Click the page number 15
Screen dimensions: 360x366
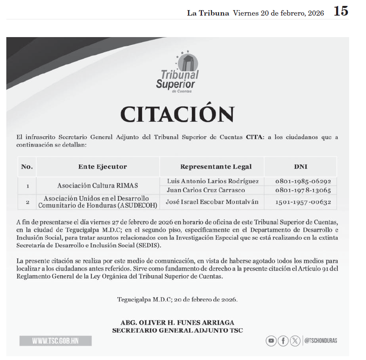341,11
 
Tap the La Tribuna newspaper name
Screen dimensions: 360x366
208,13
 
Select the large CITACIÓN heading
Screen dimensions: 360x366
177,114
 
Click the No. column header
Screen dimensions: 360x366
27,167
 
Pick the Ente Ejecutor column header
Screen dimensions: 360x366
102,167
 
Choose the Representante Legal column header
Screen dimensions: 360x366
216,167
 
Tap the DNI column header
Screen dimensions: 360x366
301,167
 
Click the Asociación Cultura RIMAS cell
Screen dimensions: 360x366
97,185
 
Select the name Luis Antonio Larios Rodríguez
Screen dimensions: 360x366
213,181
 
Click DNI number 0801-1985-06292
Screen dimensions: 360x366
303,181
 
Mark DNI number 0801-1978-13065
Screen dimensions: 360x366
303,190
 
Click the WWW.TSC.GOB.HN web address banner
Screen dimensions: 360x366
56,341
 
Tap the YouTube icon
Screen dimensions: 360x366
271,341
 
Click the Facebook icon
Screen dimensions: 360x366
283,341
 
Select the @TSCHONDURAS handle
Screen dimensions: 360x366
320,341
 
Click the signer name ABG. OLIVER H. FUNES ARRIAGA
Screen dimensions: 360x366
177,322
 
